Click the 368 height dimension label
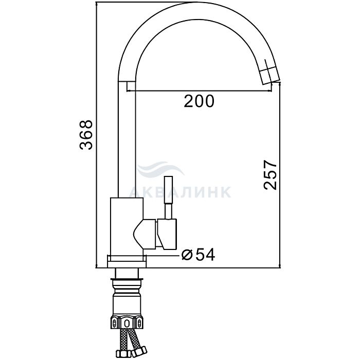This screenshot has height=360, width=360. pos(86,135)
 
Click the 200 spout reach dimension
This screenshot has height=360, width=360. pos(199,101)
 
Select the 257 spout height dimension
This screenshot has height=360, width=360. pos(270,175)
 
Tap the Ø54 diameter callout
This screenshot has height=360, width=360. pos(198,255)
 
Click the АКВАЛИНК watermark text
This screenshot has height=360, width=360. pos(180,192)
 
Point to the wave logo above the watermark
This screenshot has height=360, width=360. pos(160,169)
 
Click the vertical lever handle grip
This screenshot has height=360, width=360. pos(169,190)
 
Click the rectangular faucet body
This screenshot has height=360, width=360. pos(127,227)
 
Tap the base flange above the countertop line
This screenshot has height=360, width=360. pos(127,261)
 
